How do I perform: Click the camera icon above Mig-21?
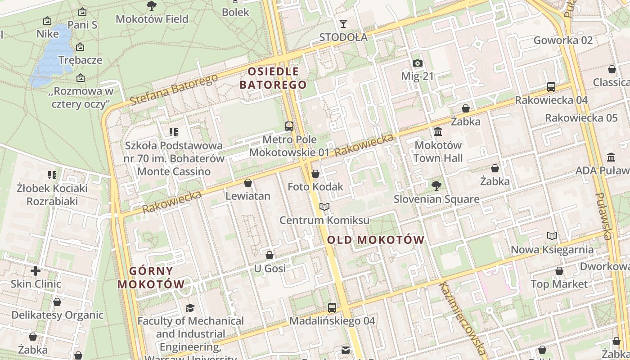[x=417, y=63]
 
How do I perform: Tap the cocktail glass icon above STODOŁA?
[x=343, y=24]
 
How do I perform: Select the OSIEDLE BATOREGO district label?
[x=273, y=78]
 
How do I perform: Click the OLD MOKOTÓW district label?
[x=376, y=240]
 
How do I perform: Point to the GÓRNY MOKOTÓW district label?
[x=151, y=278]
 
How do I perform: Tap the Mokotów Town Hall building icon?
[x=437, y=131]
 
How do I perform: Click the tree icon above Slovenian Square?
[x=436, y=185]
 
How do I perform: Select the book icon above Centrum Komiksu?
[x=324, y=207]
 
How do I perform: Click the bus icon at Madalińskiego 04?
[x=332, y=308]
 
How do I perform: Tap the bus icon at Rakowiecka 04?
[x=551, y=87]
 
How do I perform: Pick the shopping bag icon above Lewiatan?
[x=247, y=183]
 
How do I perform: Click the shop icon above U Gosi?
[x=270, y=255]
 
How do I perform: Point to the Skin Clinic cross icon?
[x=36, y=271]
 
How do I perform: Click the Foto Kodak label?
[x=315, y=187]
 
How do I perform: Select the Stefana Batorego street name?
[x=174, y=90]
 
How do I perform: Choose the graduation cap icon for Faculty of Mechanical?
[x=190, y=308]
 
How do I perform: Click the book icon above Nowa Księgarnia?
[x=552, y=236]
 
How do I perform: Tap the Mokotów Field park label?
[x=152, y=19]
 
